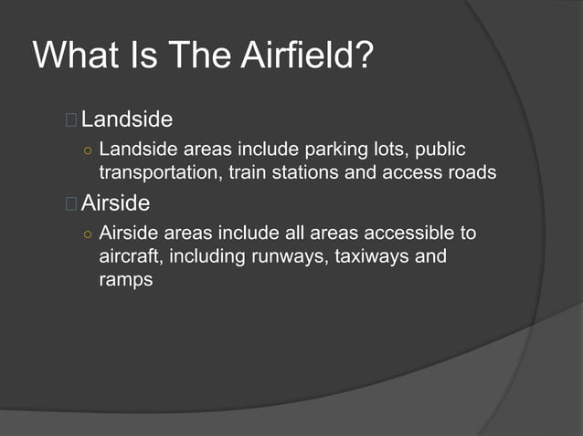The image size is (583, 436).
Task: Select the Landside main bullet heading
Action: coord(127,119)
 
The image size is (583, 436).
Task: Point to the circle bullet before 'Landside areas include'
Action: coord(87,150)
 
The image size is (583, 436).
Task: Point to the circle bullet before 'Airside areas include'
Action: coord(87,234)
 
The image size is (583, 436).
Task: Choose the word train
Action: coord(243,171)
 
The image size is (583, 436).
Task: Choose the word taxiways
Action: coord(371,256)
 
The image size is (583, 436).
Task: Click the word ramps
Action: coord(125,279)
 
